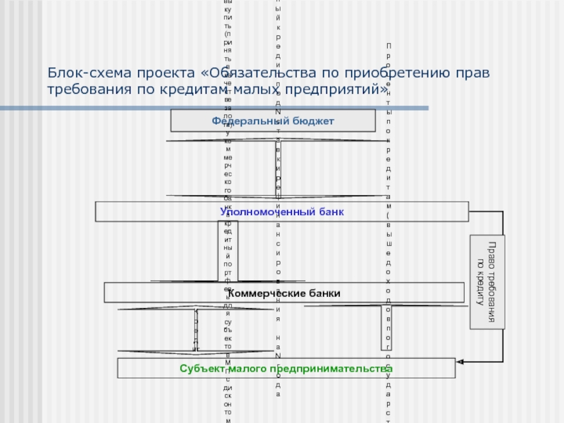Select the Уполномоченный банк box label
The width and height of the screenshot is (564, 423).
[282, 211]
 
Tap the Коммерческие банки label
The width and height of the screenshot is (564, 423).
[298, 293]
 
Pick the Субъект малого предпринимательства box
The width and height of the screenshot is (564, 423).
[286, 369]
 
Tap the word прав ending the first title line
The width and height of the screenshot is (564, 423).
[472, 74]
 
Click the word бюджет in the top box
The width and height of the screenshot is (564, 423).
[309, 121]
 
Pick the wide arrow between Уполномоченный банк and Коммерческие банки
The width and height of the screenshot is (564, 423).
[228, 251]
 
